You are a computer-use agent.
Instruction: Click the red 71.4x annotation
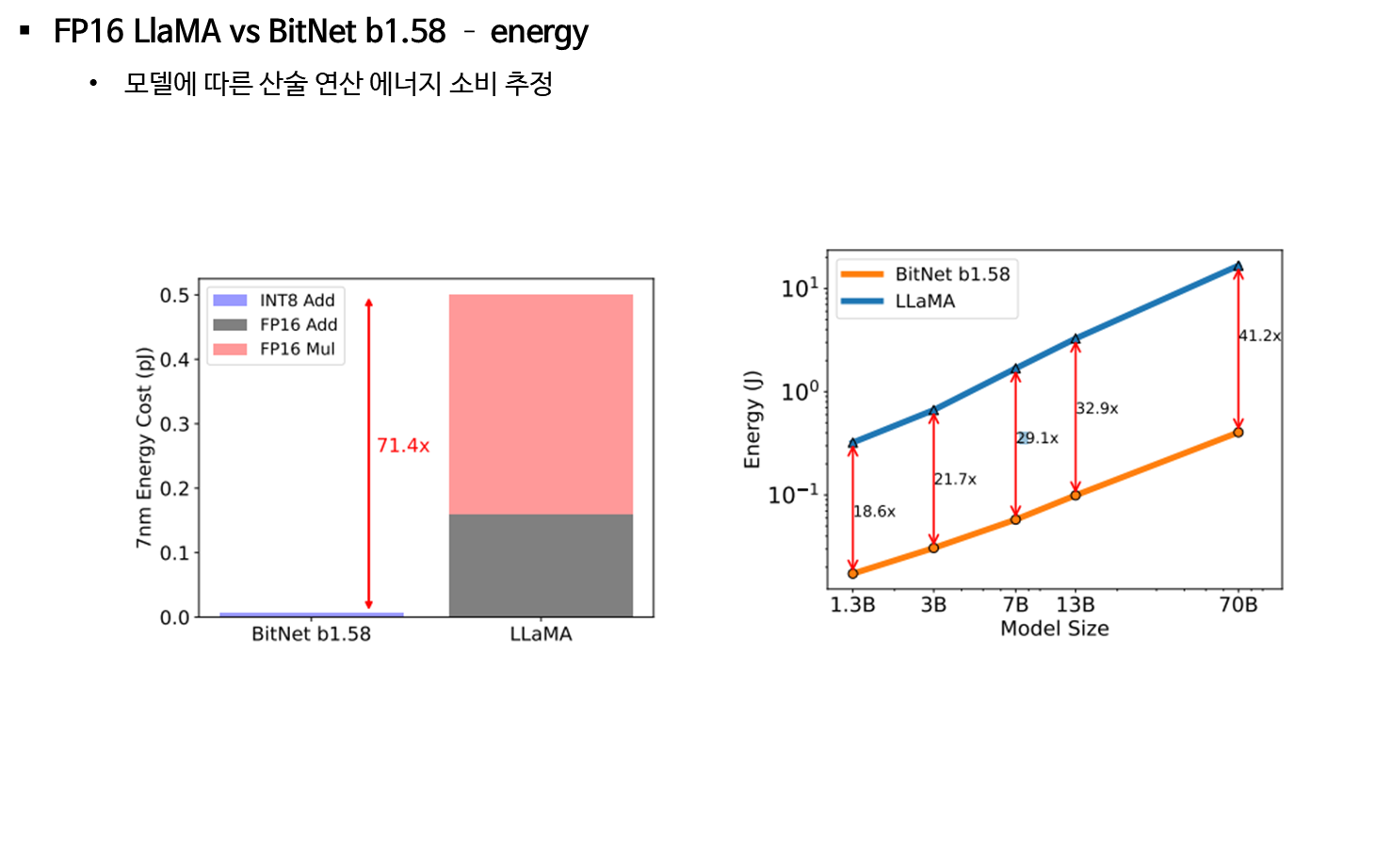(403, 446)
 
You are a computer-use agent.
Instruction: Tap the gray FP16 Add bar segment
(541, 566)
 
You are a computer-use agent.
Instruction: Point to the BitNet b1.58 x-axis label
(311, 634)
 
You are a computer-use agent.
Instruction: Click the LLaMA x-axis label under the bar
(541, 634)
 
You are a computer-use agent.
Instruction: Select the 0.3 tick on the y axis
(174, 424)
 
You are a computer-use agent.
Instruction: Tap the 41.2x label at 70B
(1260, 336)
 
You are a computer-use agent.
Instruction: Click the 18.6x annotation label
(874, 512)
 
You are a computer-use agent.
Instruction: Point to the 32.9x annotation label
(1097, 409)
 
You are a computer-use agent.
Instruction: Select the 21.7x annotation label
(955, 480)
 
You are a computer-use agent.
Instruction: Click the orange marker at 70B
(1238, 433)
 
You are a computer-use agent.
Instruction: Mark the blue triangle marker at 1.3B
(853, 442)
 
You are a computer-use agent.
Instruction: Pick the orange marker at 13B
(1076, 495)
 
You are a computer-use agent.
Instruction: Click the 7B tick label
(1015, 605)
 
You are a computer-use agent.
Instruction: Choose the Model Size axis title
(1054, 629)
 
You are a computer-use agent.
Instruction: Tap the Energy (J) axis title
(752, 419)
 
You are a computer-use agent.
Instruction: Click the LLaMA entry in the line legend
(924, 302)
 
